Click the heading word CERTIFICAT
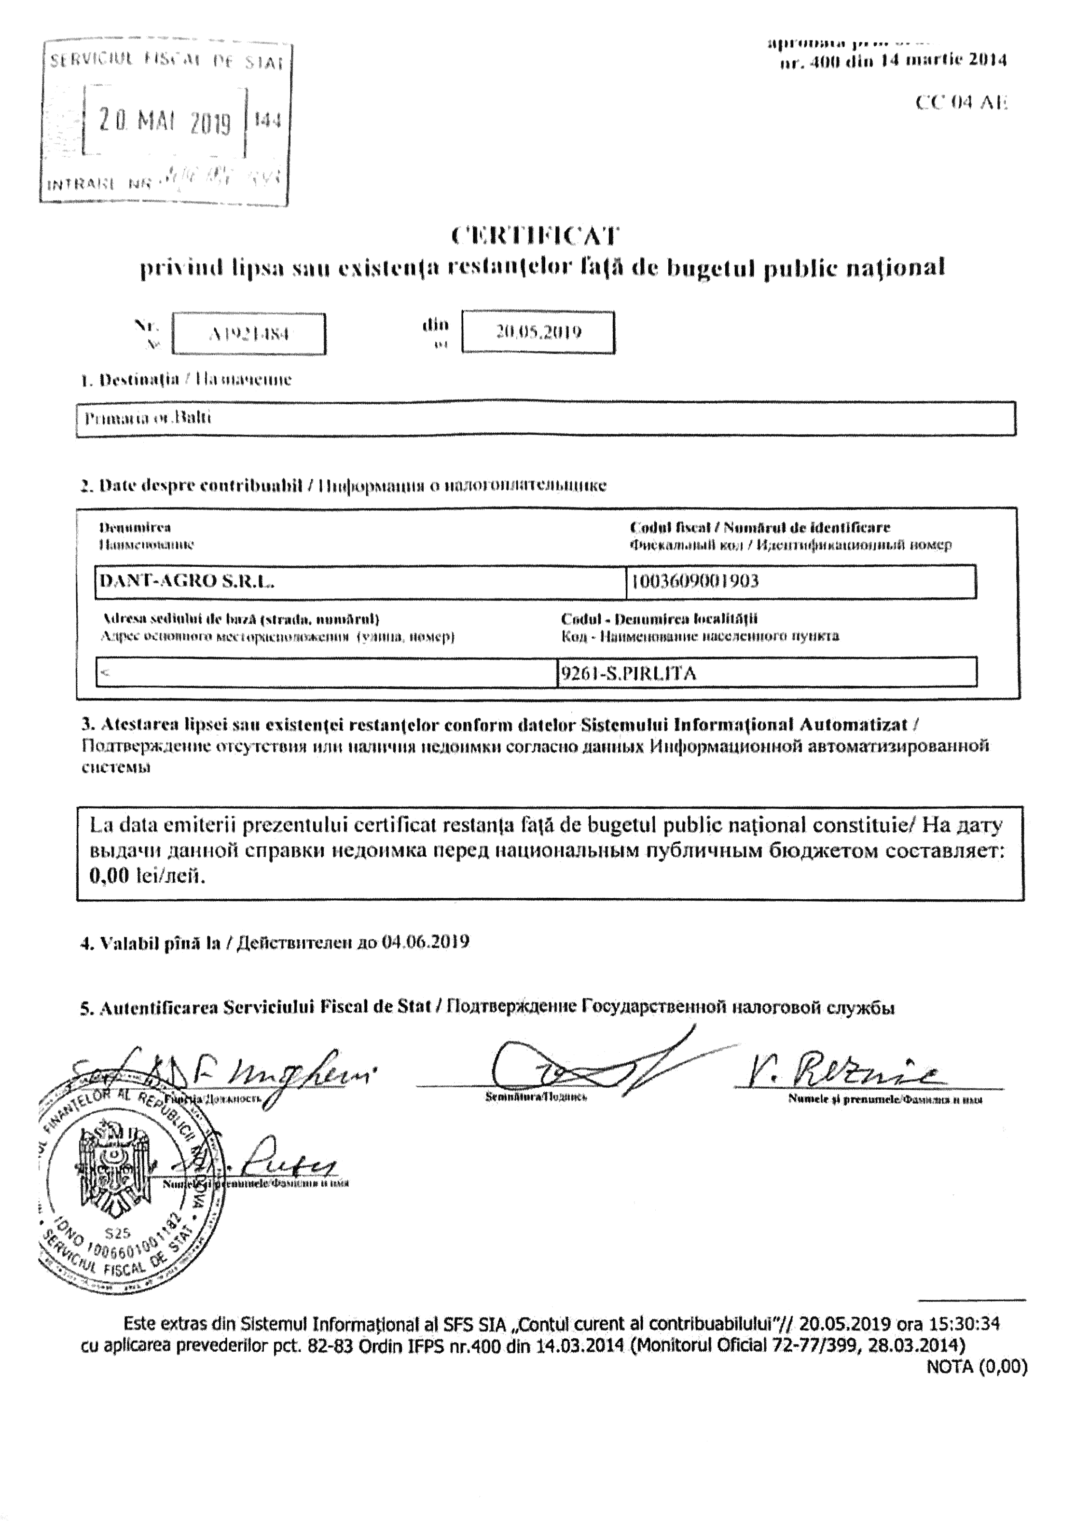(x=536, y=236)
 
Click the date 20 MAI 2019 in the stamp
(x=165, y=121)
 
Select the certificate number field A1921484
(x=248, y=334)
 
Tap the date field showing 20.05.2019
(x=538, y=332)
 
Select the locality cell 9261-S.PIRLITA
(x=629, y=674)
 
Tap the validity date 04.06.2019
(x=426, y=942)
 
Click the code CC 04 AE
(x=961, y=103)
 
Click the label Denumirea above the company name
(x=135, y=528)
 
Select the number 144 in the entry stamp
(x=268, y=120)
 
